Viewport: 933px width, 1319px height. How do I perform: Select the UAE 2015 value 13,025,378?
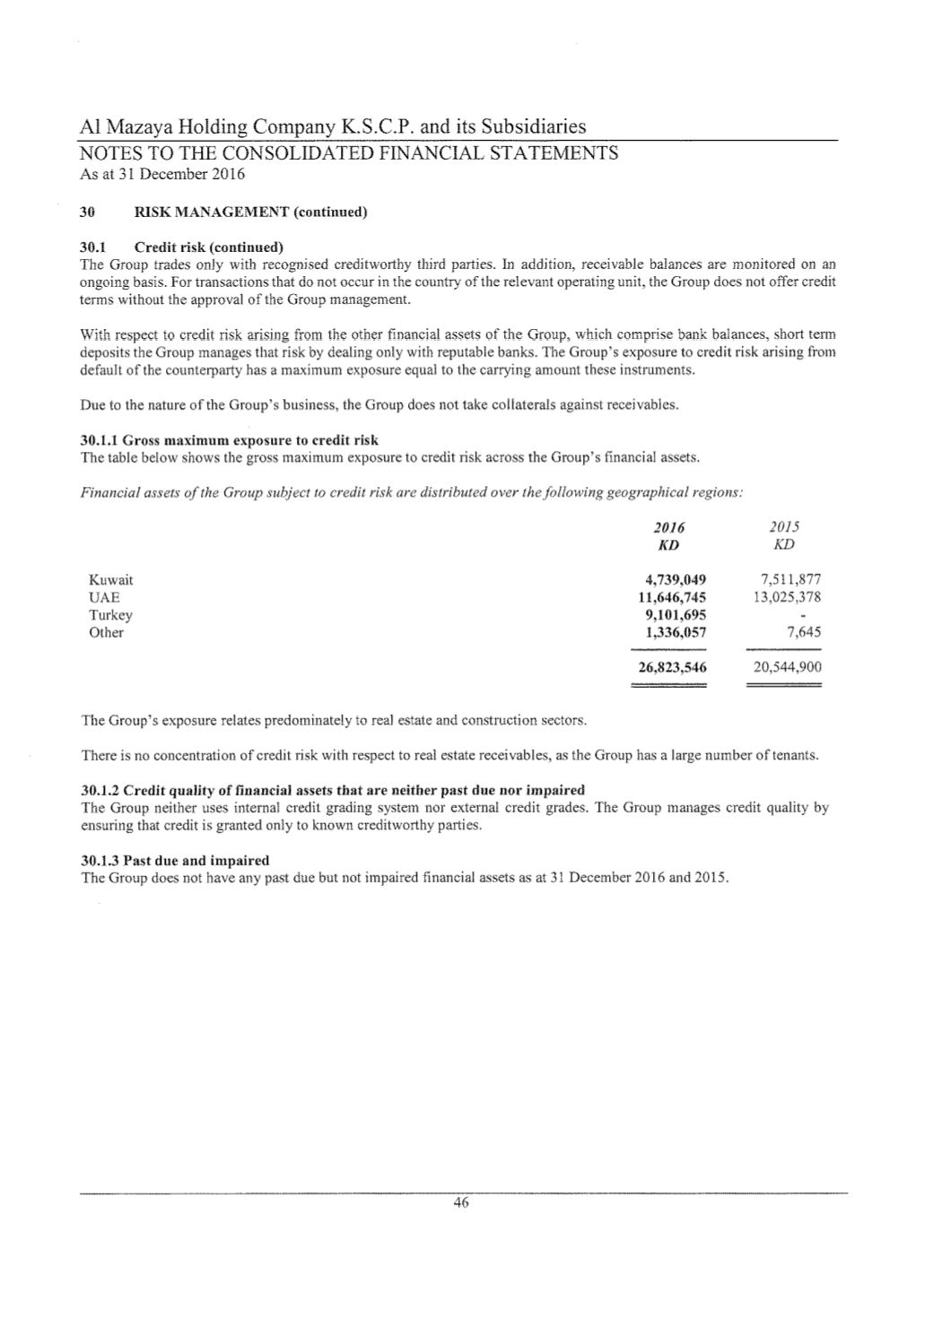(x=783, y=597)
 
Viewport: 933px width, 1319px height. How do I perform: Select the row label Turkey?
(x=110, y=615)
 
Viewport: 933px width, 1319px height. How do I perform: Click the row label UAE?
(x=104, y=597)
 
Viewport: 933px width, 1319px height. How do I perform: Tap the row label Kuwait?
(x=111, y=580)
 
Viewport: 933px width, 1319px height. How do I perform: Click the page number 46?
(x=461, y=1203)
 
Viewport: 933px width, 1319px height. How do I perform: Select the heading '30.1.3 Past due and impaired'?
(x=175, y=860)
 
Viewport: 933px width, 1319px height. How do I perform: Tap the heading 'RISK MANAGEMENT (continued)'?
(x=250, y=213)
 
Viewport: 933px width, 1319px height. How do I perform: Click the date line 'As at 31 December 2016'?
(x=162, y=174)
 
